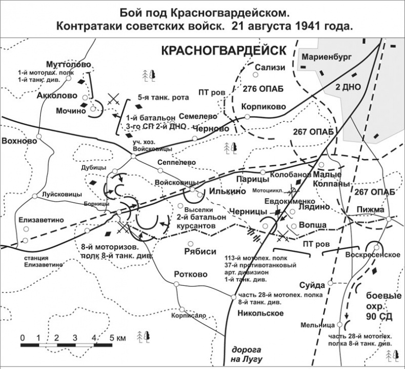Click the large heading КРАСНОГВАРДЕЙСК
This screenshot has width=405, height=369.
click(x=224, y=51)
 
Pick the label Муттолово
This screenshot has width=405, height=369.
click(x=69, y=65)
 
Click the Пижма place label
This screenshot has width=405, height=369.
click(x=368, y=209)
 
